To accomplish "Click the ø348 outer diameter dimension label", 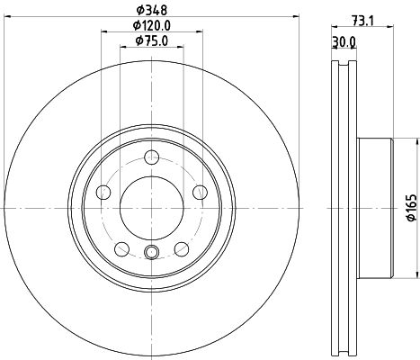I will pos(151,10).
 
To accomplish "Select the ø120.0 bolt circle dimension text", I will pos(151,26).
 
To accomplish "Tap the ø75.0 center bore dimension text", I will pos(151,40).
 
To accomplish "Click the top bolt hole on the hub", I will pos(151,158).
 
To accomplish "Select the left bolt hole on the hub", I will pos(103,192).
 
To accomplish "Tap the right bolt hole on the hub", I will pos(199,192).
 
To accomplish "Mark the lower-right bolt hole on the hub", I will pos(181,249).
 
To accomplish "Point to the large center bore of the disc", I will pos(151,208).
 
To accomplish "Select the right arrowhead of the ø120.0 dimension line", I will pos(199,32).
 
